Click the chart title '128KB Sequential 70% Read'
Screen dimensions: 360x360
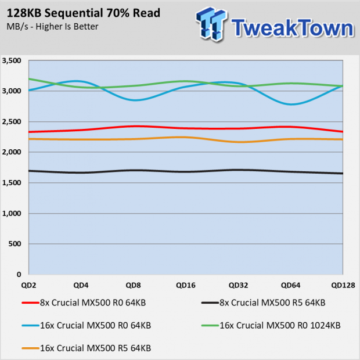click(84, 13)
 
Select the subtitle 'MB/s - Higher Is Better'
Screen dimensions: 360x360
click(52, 27)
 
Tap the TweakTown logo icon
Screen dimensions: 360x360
click(211, 24)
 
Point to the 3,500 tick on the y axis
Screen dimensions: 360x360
click(12, 60)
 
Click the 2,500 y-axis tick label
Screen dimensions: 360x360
click(12, 122)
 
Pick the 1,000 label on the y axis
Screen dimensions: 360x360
click(12, 213)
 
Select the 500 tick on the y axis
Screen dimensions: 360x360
click(15, 244)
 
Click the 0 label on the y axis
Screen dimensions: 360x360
click(19, 275)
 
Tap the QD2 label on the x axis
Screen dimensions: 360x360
click(28, 285)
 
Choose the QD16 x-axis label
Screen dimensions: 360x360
click(186, 285)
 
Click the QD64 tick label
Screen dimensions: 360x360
click(291, 285)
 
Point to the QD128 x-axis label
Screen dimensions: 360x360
click(343, 285)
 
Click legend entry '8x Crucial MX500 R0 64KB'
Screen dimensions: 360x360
click(84, 303)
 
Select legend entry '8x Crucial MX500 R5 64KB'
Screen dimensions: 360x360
click(264, 303)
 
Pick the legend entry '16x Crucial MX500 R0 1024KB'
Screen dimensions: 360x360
click(271, 326)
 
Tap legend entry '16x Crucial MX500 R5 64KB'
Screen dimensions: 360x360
click(87, 348)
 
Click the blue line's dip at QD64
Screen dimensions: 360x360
click(291, 105)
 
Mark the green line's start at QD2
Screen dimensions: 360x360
click(29, 79)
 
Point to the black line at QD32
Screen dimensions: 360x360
click(238, 170)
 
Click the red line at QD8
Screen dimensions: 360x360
click(134, 126)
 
